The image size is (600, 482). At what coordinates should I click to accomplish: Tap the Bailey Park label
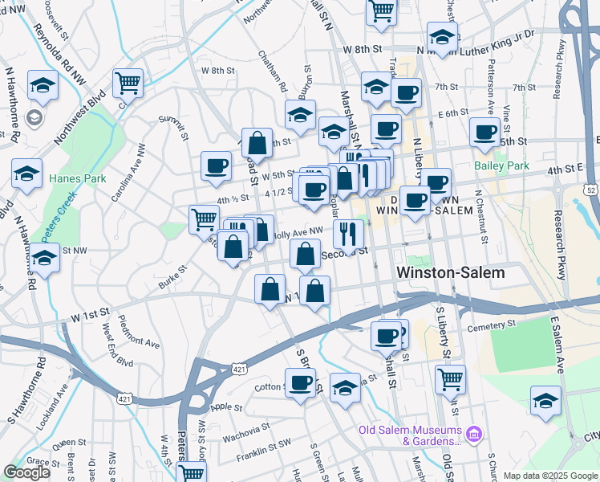click(502, 165)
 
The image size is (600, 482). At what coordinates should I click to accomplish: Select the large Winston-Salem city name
click(451, 272)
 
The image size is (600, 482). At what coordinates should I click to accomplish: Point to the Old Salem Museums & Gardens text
click(409, 435)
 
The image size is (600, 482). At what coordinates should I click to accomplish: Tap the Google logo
click(26, 472)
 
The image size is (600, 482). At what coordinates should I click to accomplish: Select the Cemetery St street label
click(493, 325)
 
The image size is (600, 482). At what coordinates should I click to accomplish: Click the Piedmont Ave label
click(140, 332)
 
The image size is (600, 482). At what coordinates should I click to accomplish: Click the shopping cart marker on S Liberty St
click(450, 378)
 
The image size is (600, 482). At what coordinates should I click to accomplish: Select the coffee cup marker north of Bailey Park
click(484, 133)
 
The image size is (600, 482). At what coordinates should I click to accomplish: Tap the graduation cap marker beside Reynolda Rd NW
click(43, 85)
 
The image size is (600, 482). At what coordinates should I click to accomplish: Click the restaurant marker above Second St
click(348, 234)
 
